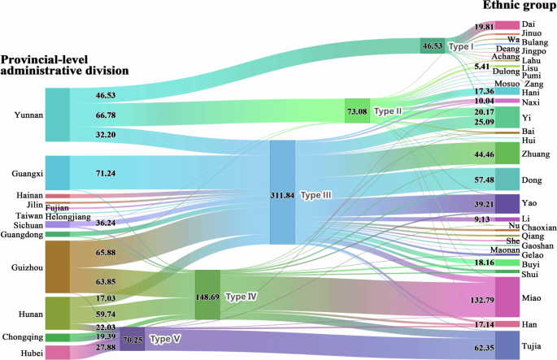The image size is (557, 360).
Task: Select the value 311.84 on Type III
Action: [282, 196]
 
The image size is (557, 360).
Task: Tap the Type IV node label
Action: [241, 296]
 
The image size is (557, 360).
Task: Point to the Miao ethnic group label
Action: [532, 297]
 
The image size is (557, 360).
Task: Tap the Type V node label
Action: [165, 337]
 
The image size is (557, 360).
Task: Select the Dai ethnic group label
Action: [528, 25]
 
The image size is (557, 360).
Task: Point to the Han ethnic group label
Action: [529, 324]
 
